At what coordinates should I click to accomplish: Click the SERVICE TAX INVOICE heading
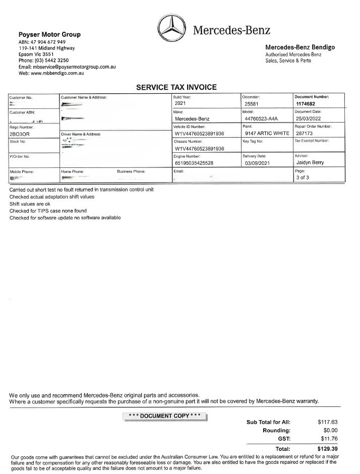(x=176, y=87)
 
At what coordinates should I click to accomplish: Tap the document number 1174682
(x=307, y=104)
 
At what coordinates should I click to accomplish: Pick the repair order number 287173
(x=306, y=134)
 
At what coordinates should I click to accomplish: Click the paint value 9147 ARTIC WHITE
(x=267, y=134)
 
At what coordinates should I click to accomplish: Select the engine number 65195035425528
(x=201, y=163)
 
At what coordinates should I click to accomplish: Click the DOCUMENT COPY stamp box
(x=165, y=416)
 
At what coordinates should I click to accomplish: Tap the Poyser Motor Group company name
(x=49, y=35)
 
